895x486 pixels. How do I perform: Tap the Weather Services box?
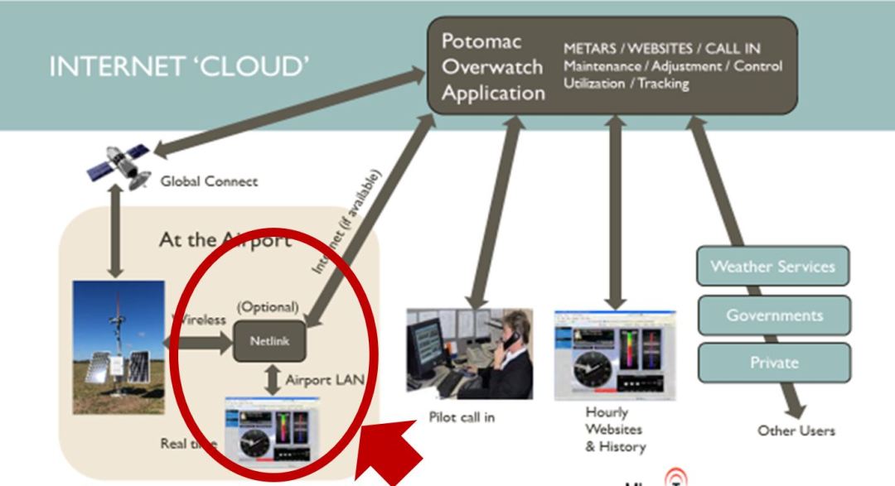click(x=772, y=267)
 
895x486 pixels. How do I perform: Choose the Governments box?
click(x=774, y=315)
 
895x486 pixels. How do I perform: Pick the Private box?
click(x=774, y=363)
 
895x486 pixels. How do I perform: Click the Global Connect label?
click(x=209, y=181)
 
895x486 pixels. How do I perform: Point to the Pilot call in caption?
click(x=462, y=417)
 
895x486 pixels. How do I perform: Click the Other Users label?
click(x=796, y=431)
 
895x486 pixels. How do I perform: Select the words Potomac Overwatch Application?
click(x=493, y=67)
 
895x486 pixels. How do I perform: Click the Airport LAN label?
click(x=325, y=381)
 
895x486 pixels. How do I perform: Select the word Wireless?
click(x=200, y=320)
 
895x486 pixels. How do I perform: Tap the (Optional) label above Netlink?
click(x=267, y=306)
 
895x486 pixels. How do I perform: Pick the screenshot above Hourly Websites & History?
click(x=614, y=354)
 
